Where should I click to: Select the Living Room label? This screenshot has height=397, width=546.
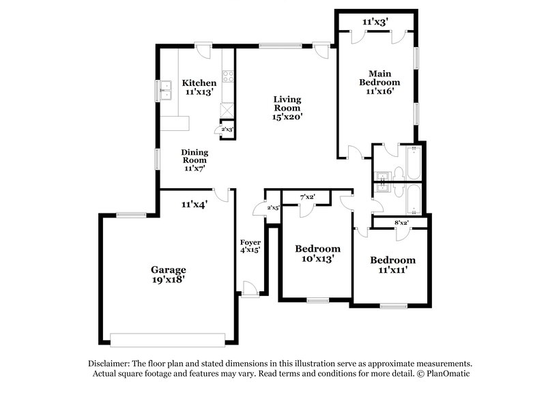tap(287, 107)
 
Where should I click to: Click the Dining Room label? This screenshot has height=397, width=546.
tap(195, 160)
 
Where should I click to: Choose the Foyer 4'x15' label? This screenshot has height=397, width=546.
tap(250, 246)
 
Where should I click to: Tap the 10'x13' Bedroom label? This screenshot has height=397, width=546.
tap(317, 253)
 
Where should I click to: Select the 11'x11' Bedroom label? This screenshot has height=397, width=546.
tap(392, 265)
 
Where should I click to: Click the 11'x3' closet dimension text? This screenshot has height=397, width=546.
tap(375, 22)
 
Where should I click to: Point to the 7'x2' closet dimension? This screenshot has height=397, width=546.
tap(308, 198)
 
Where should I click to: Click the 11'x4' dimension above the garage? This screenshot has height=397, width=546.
tap(195, 203)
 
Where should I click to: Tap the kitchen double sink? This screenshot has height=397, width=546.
tap(165, 91)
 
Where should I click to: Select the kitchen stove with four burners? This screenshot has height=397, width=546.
tap(228, 76)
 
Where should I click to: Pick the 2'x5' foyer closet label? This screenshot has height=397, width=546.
tap(273, 207)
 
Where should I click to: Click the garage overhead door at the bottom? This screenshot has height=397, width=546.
tap(168, 339)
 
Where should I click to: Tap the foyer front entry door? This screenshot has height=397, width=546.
tap(250, 292)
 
